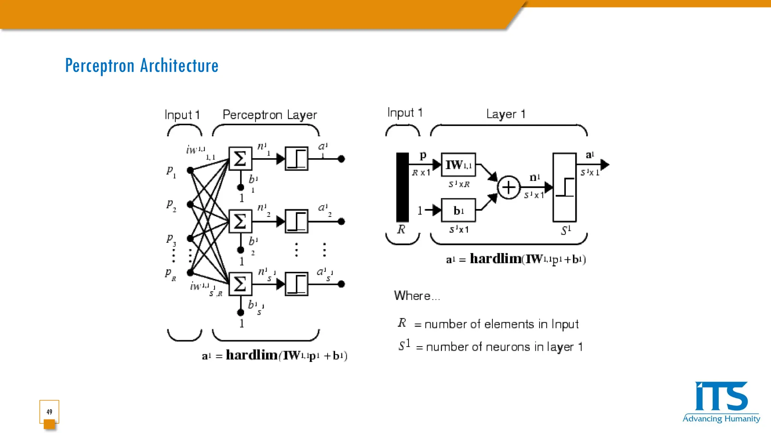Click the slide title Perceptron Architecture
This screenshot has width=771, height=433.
[x=142, y=66]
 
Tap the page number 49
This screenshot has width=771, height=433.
[x=49, y=412]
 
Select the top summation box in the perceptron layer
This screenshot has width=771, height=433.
[x=240, y=159]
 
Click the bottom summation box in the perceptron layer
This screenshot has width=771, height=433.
[x=240, y=284]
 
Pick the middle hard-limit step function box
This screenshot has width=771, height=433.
[x=297, y=221]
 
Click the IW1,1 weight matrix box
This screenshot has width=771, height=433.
[x=458, y=165]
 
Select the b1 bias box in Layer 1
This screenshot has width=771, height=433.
[x=458, y=210]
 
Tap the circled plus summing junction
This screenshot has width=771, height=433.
[x=509, y=187]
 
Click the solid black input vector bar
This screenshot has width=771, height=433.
[x=402, y=187]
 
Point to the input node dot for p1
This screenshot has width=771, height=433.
[x=190, y=170]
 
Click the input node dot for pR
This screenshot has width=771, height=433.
[x=190, y=273]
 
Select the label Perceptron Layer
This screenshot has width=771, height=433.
[x=270, y=115]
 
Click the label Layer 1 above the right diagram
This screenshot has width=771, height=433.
[x=505, y=114]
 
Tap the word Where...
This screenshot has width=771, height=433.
[x=412, y=296]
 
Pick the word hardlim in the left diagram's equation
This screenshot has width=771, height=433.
[x=251, y=355]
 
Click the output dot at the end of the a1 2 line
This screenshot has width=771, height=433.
[x=341, y=221]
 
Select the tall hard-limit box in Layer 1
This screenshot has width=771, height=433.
[x=564, y=187]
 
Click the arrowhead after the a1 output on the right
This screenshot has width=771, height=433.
[x=605, y=164]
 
